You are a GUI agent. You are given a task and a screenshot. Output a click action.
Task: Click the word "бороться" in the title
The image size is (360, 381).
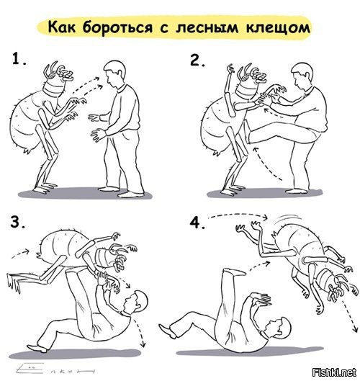118,27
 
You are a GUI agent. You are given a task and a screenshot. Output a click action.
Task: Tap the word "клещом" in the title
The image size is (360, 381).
278,28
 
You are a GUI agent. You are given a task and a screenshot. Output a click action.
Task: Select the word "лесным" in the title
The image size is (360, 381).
207,27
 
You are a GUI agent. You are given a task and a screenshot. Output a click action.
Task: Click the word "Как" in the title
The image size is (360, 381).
62,27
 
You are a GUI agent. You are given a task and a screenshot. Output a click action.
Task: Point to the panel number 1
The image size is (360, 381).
19,59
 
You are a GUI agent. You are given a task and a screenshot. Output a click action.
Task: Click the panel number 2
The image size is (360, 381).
197,60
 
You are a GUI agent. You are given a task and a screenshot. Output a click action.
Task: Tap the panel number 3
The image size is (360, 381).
17,222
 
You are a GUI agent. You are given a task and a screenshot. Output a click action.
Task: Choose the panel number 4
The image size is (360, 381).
197,223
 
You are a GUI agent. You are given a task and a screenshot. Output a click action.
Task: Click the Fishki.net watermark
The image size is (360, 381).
334,372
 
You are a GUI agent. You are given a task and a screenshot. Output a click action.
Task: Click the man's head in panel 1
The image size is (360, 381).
115,73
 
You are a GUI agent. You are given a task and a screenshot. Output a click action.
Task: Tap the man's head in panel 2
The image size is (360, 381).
302,75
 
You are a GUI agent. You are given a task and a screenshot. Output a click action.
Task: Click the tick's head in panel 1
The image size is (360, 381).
58,77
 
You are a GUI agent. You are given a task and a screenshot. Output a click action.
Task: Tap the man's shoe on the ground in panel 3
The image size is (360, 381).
37,348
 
